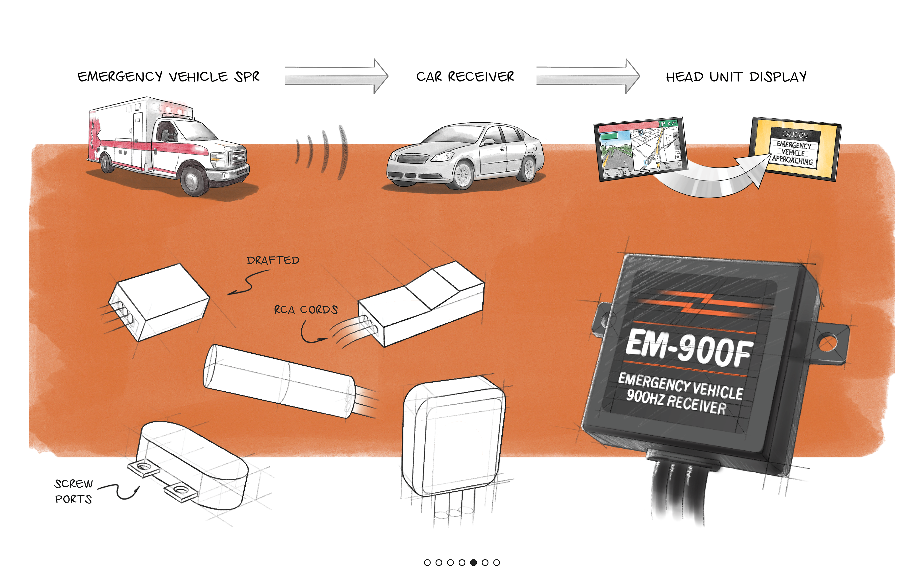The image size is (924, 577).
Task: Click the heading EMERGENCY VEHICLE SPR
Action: click(x=168, y=77)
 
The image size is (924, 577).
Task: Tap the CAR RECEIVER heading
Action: click(x=465, y=77)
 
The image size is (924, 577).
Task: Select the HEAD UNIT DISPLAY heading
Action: click(x=736, y=77)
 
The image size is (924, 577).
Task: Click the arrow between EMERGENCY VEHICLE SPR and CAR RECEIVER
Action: click(x=336, y=76)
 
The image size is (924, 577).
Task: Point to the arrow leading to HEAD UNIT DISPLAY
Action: click(x=588, y=76)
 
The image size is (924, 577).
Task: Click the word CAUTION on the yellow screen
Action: click(x=795, y=134)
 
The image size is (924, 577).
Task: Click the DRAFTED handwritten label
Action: click(x=273, y=261)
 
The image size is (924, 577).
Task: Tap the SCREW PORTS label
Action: click(x=74, y=491)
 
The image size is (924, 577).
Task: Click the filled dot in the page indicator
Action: click(x=474, y=562)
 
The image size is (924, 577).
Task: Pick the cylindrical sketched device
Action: click(x=279, y=381)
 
